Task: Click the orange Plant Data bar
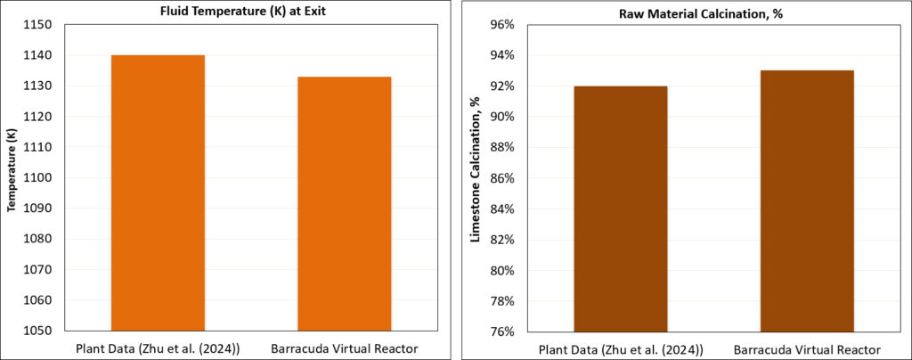pos(158,192)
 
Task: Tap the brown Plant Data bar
pos(621,209)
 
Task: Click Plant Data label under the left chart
pos(158,348)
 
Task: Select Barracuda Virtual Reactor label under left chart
pos(344,348)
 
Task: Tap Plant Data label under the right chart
pos(621,348)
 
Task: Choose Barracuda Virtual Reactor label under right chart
pos(807,348)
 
